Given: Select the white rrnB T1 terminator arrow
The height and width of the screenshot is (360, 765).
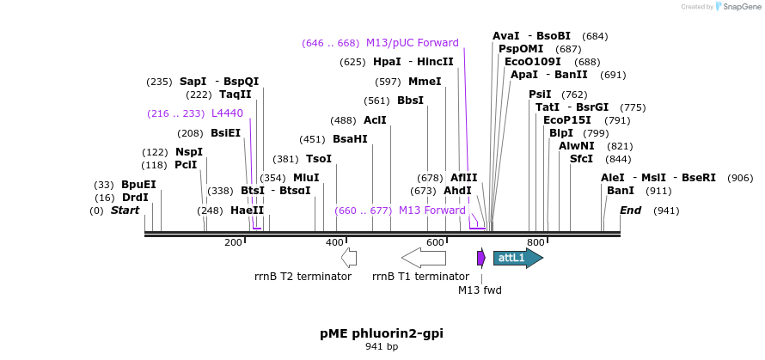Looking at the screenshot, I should (x=424, y=258).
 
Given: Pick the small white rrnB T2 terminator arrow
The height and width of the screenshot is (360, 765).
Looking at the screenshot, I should (x=349, y=257).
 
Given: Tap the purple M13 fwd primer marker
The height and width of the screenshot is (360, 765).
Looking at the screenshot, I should (x=481, y=257).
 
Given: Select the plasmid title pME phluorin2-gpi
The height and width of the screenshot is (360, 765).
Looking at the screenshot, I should (x=382, y=333).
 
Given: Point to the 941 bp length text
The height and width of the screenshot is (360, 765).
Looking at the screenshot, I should (x=382, y=347).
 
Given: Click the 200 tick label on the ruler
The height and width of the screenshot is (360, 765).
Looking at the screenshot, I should (x=233, y=242).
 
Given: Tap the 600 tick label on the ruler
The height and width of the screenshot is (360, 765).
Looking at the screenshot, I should (x=435, y=242).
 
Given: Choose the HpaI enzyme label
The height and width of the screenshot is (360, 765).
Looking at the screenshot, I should (x=387, y=62).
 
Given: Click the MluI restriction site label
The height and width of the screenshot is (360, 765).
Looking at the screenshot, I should (x=306, y=178).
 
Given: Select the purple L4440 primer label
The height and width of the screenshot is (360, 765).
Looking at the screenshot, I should (x=227, y=113).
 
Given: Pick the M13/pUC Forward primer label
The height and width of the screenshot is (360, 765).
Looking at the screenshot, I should (x=413, y=43).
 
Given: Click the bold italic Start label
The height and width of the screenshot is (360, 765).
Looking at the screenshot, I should (x=125, y=211).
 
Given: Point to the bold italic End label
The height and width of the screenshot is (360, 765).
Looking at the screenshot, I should (x=631, y=211).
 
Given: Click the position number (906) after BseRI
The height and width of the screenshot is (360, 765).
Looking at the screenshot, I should (x=739, y=178).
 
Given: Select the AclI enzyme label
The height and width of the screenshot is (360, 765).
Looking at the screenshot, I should (x=375, y=120).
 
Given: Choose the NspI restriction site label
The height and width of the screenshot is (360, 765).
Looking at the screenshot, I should (x=189, y=152).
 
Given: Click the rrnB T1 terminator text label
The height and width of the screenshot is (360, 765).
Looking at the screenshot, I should (x=421, y=277).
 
